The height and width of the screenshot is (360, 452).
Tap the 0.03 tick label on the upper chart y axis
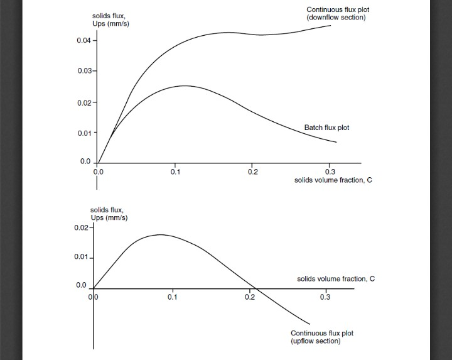click(x=84, y=70)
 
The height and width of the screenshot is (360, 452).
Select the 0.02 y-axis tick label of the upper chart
click(x=84, y=102)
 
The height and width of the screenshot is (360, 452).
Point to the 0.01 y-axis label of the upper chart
click(x=84, y=133)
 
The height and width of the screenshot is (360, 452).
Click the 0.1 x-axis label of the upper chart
click(x=175, y=171)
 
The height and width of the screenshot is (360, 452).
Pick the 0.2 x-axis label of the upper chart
click(x=252, y=171)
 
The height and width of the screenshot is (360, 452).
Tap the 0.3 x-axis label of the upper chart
click(x=331, y=171)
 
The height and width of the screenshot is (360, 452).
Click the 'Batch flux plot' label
click(x=326, y=128)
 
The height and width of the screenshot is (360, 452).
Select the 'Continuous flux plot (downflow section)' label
click(x=336, y=13)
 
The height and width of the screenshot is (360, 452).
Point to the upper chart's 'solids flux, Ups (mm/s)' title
click(x=112, y=20)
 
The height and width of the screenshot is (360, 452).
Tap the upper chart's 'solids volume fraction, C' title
click(x=333, y=180)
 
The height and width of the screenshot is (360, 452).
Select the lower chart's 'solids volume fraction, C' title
click(x=336, y=278)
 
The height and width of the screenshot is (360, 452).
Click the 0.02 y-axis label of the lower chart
click(x=82, y=227)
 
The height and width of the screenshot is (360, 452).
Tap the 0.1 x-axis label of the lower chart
click(x=173, y=297)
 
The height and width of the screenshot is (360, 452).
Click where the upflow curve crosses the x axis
click(x=256, y=289)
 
